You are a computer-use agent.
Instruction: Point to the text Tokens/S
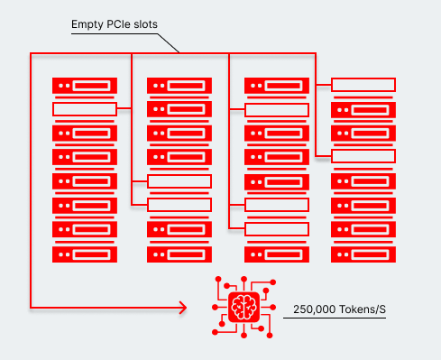[x=363, y=310]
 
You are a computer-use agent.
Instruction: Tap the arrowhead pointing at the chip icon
[x=183, y=308]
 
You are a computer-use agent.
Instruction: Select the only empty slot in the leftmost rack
[x=85, y=109]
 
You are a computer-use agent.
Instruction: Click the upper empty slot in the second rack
[x=179, y=181]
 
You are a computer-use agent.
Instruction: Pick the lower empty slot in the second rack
[x=179, y=205]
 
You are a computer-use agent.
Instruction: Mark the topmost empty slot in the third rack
[x=277, y=109]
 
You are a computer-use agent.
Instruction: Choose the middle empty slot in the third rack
[x=277, y=205]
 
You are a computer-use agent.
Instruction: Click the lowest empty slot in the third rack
[x=277, y=229]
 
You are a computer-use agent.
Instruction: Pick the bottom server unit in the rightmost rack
[x=363, y=254]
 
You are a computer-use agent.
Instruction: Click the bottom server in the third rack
[x=277, y=254]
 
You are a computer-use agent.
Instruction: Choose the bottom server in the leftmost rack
[x=85, y=254]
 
